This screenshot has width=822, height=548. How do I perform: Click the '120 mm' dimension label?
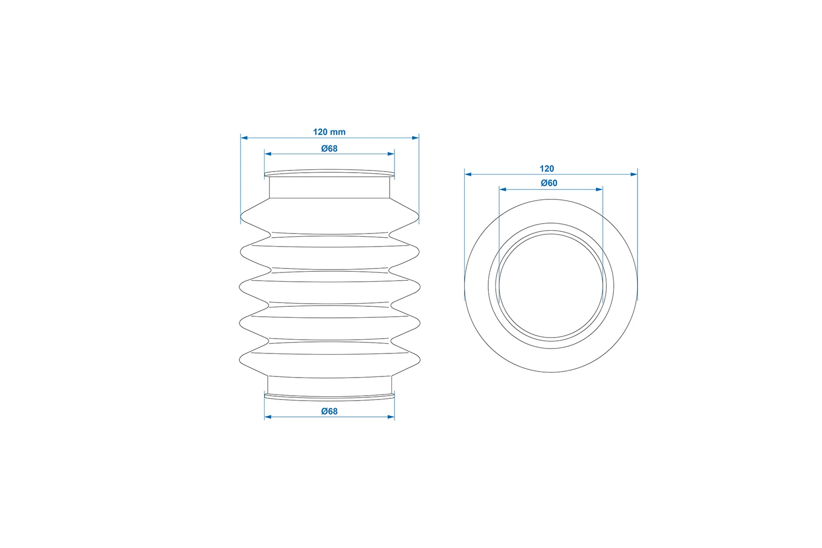[x=329, y=132]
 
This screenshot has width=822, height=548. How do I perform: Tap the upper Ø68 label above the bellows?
[x=329, y=149]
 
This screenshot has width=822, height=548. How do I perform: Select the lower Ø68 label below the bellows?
[x=329, y=412]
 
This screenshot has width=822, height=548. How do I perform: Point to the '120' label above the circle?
[x=547, y=169]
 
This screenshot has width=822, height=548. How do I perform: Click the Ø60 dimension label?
[x=549, y=183]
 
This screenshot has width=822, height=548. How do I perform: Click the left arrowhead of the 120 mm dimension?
[x=244, y=138]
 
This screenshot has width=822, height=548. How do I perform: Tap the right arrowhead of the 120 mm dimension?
[x=415, y=138]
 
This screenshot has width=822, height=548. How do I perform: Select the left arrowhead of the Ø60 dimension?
[x=503, y=190]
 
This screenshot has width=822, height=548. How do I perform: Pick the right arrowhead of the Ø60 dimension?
[x=600, y=190]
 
